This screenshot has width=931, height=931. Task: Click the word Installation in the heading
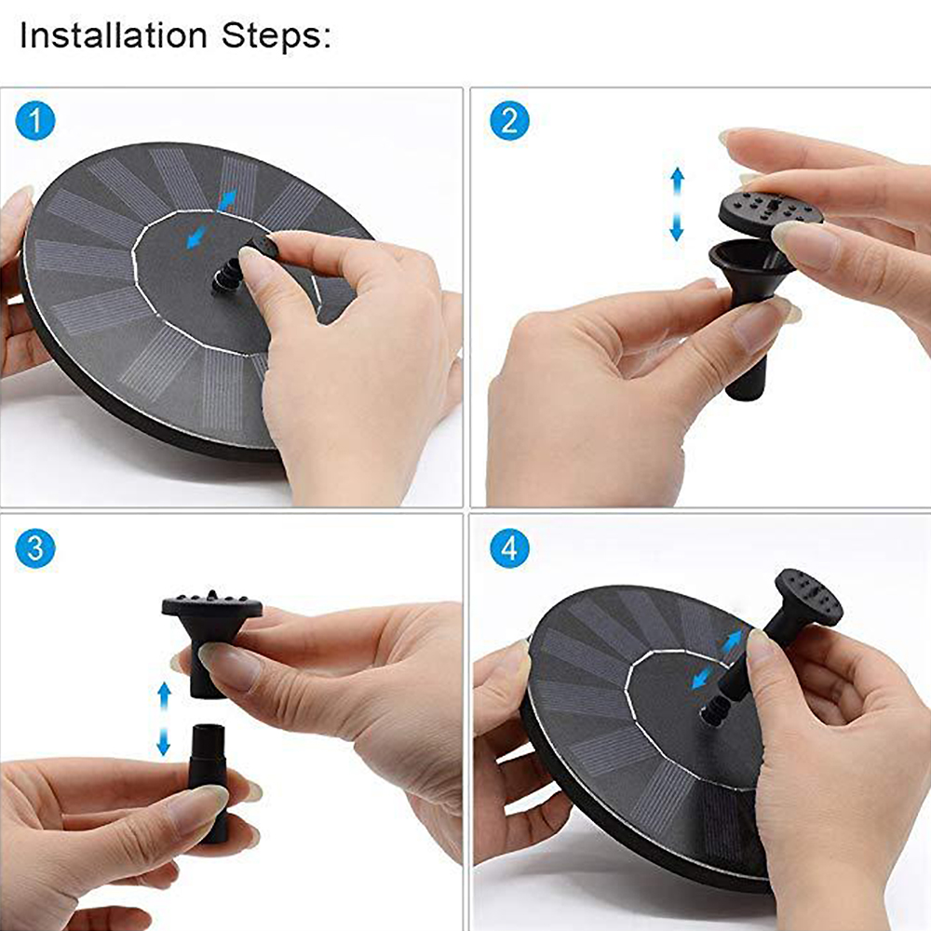pyautogui.click(x=112, y=36)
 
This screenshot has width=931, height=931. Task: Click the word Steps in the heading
pyautogui.click(x=276, y=38)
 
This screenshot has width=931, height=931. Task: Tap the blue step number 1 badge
pyautogui.click(x=36, y=121)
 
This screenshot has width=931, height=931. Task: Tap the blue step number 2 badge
pyautogui.click(x=509, y=121)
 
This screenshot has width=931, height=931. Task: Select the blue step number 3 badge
pyautogui.click(x=36, y=547)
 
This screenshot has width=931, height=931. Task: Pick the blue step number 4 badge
pyautogui.click(x=509, y=548)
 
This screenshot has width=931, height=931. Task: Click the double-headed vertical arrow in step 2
pyautogui.click(x=678, y=204)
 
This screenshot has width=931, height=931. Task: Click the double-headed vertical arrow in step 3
pyautogui.click(x=164, y=718)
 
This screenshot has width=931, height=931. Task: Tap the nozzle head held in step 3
pyautogui.click(x=211, y=619)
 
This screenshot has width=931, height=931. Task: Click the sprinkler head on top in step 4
pyautogui.click(x=806, y=596)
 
